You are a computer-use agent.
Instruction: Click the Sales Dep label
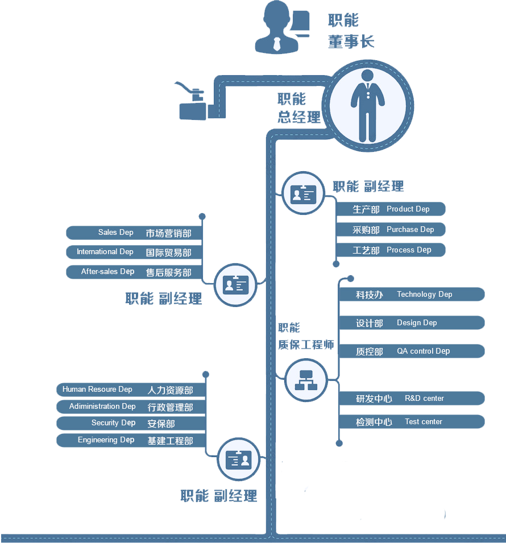115,233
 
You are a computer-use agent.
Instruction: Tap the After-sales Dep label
107,272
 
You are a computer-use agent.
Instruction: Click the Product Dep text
408,209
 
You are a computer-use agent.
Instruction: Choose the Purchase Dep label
410,230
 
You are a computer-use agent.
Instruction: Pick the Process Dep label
409,250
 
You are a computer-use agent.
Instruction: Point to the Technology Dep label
424,295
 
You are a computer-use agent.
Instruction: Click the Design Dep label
417,323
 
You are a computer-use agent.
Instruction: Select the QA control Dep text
423,351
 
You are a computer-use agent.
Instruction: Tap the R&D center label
424,399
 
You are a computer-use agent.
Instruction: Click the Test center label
423,422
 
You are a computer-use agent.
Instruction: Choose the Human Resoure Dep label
97,389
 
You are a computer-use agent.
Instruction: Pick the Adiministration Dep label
102,407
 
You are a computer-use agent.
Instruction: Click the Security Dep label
113,423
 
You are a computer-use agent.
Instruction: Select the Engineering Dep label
106,440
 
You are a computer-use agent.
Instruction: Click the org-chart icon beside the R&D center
306,380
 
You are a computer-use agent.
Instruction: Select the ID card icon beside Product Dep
302,194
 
